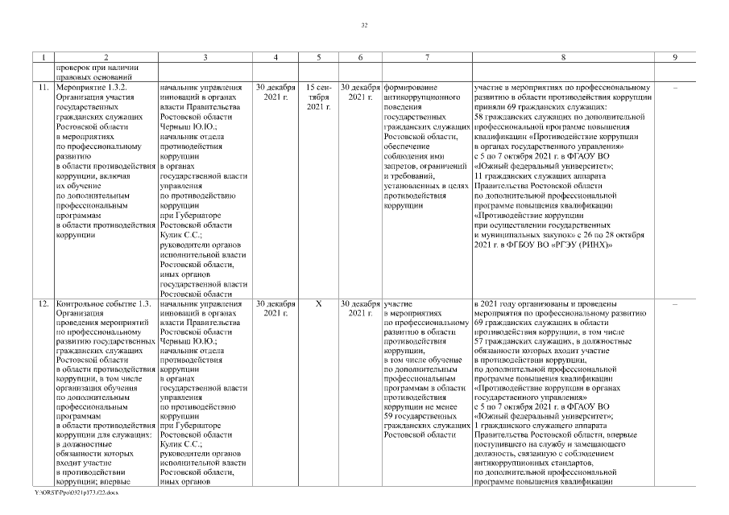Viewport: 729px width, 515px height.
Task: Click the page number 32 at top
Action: pos(364,26)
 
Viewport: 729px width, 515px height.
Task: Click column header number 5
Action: pos(320,57)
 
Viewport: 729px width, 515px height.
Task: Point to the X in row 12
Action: pos(319,304)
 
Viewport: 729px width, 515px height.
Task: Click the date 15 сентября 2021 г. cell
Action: pos(319,96)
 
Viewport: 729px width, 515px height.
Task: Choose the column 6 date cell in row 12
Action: pos(360,309)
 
